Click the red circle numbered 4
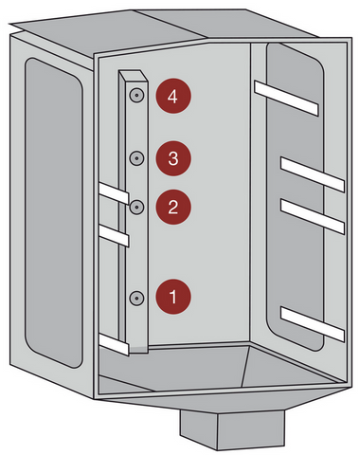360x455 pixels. point(173,96)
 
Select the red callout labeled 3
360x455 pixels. point(173,158)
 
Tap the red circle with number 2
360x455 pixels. point(173,207)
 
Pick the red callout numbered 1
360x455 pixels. point(173,297)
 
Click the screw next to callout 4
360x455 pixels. point(136,95)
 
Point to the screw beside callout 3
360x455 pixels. point(136,157)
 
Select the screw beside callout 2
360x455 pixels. point(136,207)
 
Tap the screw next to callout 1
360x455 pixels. point(136,298)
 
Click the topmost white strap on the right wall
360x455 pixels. point(286,98)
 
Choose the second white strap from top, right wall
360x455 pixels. point(313,174)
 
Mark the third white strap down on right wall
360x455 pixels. point(313,216)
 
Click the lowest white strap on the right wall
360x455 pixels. point(313,323)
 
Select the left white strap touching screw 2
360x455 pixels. point(114,192)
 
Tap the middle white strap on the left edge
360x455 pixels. point(114,235)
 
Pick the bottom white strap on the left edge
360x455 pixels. point(114,345)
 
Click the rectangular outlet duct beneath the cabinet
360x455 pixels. point(232,429)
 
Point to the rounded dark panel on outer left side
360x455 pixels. point(54,212)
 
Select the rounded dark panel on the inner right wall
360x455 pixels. point(295,196)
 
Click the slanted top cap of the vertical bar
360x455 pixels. point(134,76)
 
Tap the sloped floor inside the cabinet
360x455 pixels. point(218,368)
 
